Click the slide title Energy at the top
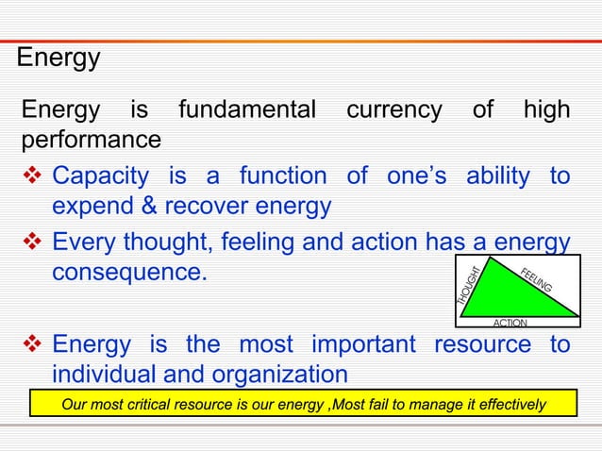click(x=59, y=58)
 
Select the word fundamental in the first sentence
click(x=246, y=111)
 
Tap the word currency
click(x=393, y=111)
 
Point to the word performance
click(x=91, y=141)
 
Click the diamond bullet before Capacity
click(x=31, y=176)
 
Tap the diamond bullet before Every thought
click(x=31, y=244)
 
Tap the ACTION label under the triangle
click(x=510, y=323)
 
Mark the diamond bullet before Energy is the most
click(x=31, y=344)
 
